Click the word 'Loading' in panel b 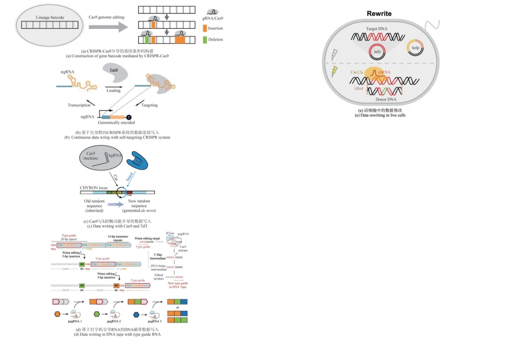(x=114, y=90)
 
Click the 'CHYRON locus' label (x=94, y=188)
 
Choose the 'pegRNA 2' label (x=113, y=321)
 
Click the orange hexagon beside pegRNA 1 (x=57, y=314)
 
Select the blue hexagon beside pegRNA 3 (x=136, y=314)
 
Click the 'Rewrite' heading (x=380, y=13)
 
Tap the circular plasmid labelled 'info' (x=377, y=51)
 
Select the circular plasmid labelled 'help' (x=415, y=47)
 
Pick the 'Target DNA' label (x=379, y=28)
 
